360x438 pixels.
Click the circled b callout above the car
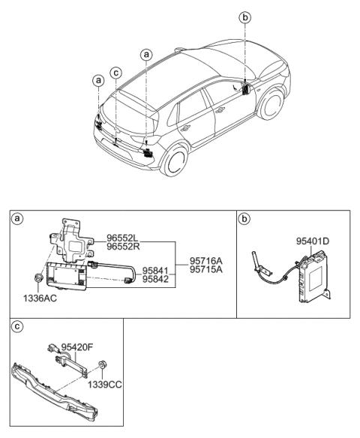point(244,17)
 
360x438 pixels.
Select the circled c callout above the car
point(115,73)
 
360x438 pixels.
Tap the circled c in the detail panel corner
point(17,327)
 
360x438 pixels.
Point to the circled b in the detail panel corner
point(245,220)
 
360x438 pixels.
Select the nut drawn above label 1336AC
point(37,280)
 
